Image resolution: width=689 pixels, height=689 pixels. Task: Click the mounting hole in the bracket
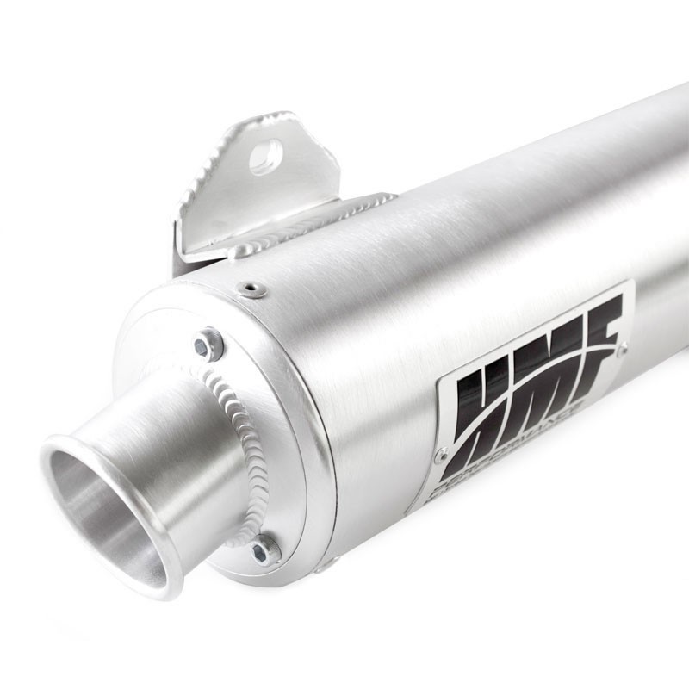pyautogui.click(x=266, y=158)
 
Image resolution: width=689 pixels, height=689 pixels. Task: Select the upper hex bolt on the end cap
pyautogui.click(x=207, y=346)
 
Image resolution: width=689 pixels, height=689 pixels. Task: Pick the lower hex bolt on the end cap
pyautogui.click(x=265, y=549)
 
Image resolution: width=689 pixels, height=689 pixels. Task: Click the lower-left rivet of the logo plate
pyautogui.click(x=440, y=454)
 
